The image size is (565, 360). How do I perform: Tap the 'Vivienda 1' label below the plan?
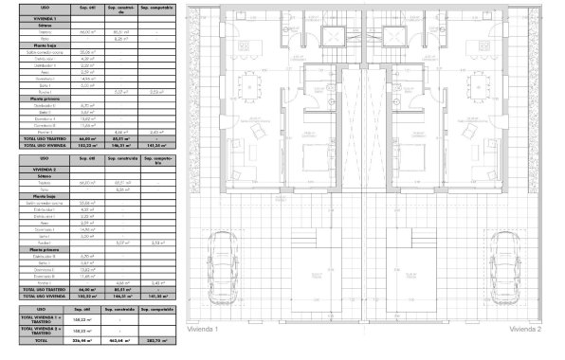(203, 329)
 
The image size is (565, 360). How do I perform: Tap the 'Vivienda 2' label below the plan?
(524, 329)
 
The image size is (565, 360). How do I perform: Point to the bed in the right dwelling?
(417, 157)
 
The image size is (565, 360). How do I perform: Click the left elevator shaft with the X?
(333, 37)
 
